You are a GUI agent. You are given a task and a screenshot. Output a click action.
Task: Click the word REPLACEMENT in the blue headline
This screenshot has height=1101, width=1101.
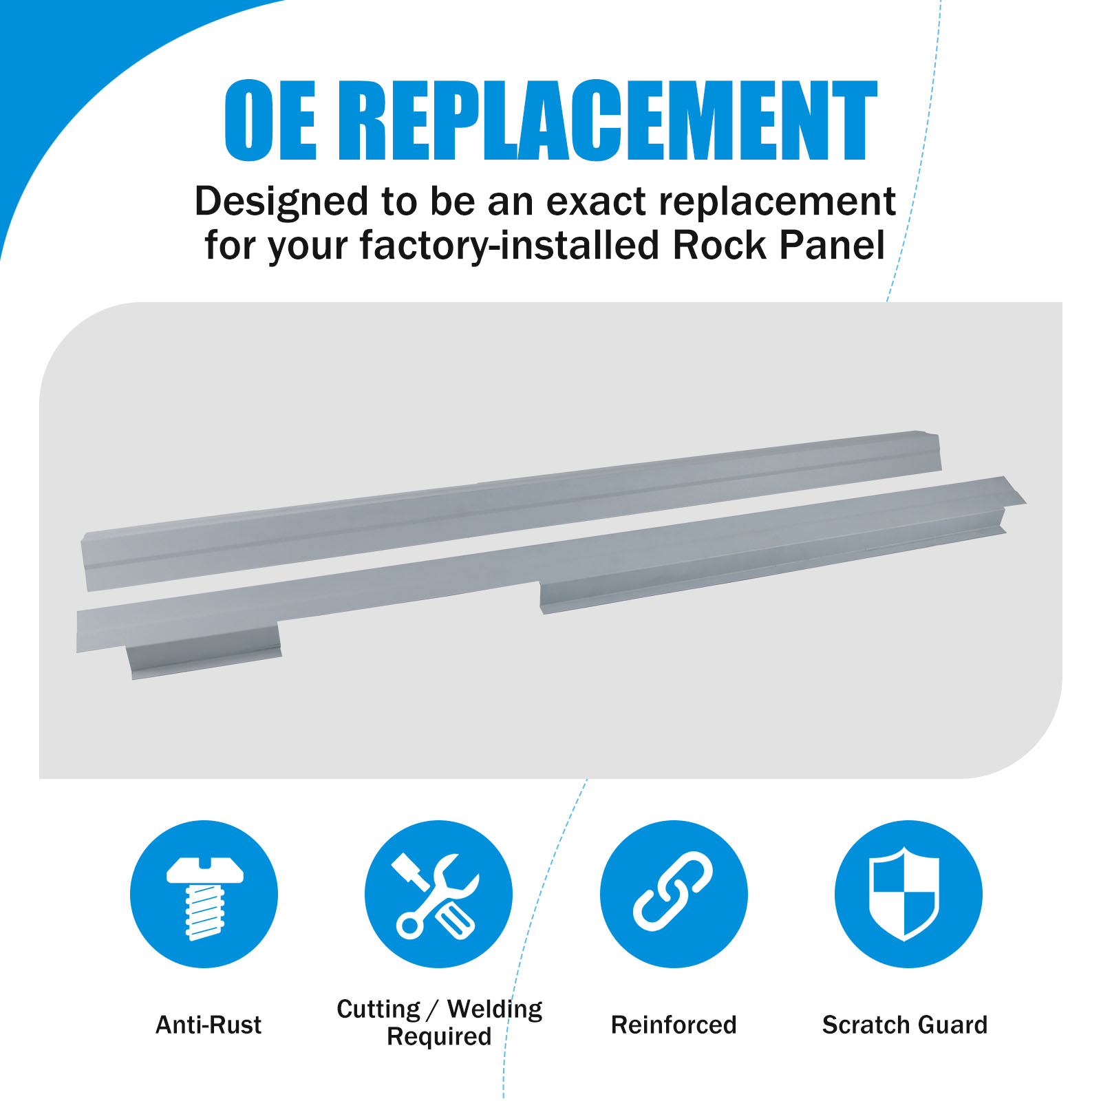coord(608,120)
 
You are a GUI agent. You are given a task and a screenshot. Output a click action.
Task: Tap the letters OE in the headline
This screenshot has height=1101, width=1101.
coord(270,120)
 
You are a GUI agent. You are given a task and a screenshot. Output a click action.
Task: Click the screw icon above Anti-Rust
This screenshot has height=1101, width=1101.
coord(204,895)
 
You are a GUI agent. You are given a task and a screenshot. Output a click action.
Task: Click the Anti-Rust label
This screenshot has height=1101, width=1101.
coord(209,1025)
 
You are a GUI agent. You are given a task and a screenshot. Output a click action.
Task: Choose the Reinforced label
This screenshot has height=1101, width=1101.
coord(674,1025)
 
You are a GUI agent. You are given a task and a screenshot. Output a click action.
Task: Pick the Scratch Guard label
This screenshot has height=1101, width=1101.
coord(905,1025)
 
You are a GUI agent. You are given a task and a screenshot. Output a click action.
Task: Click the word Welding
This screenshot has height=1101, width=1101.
coord(495,1009)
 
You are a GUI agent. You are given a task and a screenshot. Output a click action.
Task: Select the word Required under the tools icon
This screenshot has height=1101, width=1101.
coord(439,1037)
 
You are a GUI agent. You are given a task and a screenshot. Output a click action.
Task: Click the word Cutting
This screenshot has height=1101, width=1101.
coord(378,1009)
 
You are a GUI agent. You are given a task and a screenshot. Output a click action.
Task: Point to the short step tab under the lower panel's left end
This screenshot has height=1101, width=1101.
coord(204,651)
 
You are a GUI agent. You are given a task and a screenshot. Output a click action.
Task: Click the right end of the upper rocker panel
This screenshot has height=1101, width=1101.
coord(937,451)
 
